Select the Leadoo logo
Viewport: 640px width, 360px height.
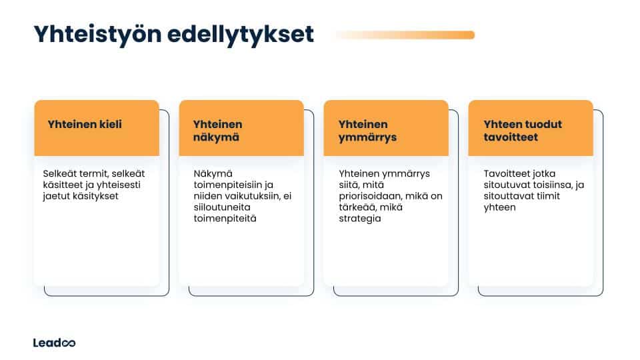54,343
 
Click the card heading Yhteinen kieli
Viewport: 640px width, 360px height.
85,124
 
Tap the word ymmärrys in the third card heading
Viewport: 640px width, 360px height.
367,137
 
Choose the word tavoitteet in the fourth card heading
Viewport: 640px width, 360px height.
511,137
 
